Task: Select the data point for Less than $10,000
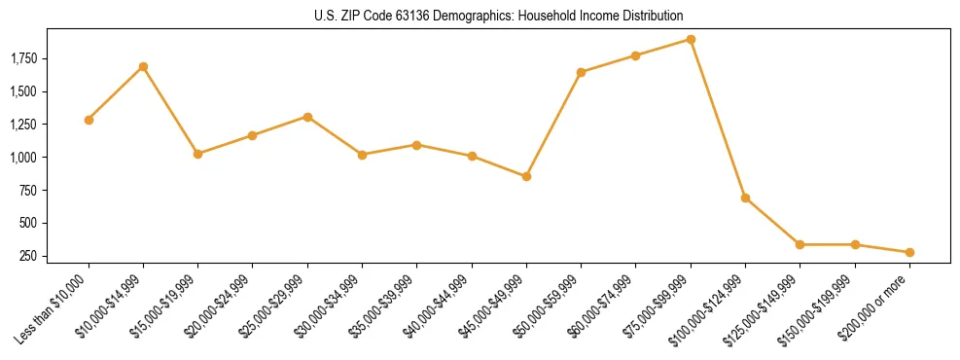point(89,120)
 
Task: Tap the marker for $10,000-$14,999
point(143,66)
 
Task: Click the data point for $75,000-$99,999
point(691,39)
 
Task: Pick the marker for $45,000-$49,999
point(526,176)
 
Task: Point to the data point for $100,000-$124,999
point(745,198)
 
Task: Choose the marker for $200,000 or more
point(909,252)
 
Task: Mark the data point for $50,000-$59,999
point(581,72)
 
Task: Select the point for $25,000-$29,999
point(307,117)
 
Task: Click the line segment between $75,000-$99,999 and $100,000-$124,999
point(718,119)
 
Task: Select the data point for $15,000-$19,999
point(197,154)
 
